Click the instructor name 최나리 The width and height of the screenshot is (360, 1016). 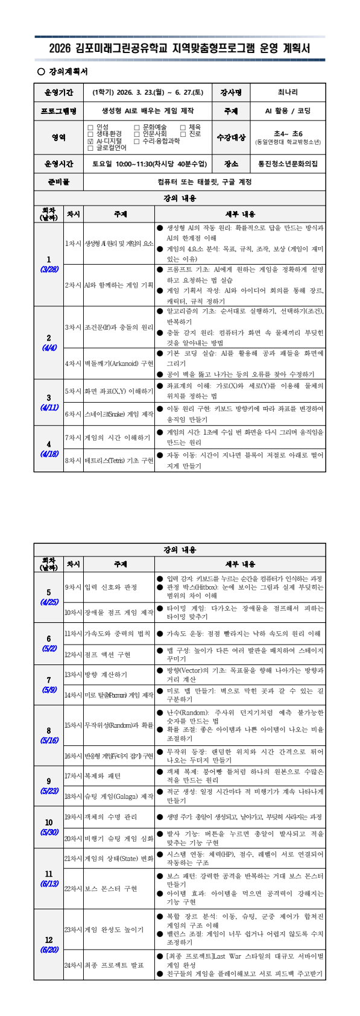(x=287, y=92)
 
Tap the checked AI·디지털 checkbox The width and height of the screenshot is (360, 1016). (x=90, y=140)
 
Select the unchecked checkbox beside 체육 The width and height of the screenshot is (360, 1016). (x=183, y=127)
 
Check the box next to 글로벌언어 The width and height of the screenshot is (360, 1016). (x=90, y=147)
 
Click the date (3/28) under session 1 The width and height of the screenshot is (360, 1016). (x=49, y=270)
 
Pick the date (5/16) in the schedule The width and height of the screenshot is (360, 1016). (x=49, y=740)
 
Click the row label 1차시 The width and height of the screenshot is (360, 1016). (x=73, y=243)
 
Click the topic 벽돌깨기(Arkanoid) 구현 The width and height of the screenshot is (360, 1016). (x=119, y=364)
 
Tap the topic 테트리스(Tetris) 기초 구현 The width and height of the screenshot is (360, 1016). (x=119, y=460)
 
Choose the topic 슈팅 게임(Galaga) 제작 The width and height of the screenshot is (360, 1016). (x=119, y=797)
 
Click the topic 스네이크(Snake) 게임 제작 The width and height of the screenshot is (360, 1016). (x=119, y=414)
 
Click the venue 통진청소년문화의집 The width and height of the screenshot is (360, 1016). (x=287, y=163)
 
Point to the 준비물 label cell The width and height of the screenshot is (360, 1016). (x=58, y=181)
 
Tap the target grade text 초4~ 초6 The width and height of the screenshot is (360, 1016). (x=287, y=133)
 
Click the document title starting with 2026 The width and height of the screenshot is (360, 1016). (x=180, y=48)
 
